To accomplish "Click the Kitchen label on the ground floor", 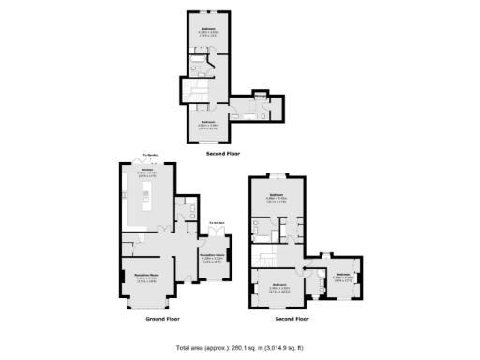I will (148, 171).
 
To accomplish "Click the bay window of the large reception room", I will (144, 305).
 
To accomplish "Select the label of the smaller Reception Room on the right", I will (212, 254).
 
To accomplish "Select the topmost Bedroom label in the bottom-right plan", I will (277, 196).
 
